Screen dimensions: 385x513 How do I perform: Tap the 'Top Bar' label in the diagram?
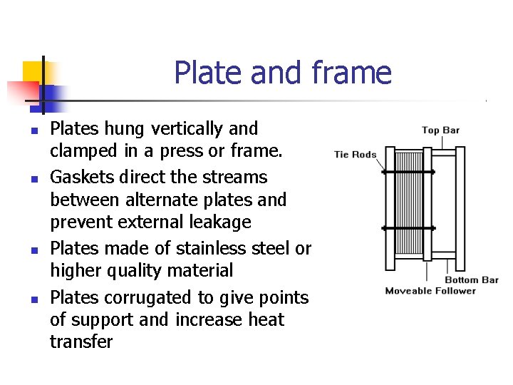coord(440,130)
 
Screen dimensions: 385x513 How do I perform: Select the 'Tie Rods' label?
coord(355,155)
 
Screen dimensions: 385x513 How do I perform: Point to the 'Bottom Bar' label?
coord(471,280)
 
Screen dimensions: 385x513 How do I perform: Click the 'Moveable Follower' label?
coord(430,291)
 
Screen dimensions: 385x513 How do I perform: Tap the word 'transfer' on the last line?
coord(81,342)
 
